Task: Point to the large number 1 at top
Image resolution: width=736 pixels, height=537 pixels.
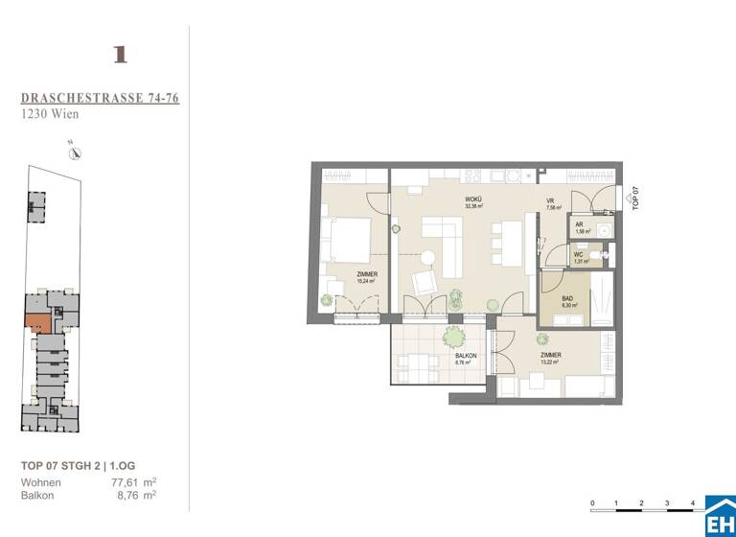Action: pyautogui.click(x=120, y=55)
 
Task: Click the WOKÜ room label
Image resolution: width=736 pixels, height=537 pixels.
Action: pyautogui.click(x=474, y=199)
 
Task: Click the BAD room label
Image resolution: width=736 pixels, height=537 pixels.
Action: pyautogui.click(x=567, y=299)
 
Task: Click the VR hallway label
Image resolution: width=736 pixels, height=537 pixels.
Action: pyautogui.click(x=551, y=199)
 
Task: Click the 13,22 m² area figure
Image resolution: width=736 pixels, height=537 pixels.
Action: pyautogui.click(x=550, y=362)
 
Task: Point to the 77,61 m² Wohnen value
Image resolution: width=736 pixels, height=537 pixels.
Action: pyautogui.click(x=133, y=481)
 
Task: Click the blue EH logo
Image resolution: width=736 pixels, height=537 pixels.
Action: pyautogui.click(x=720, y=516)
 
